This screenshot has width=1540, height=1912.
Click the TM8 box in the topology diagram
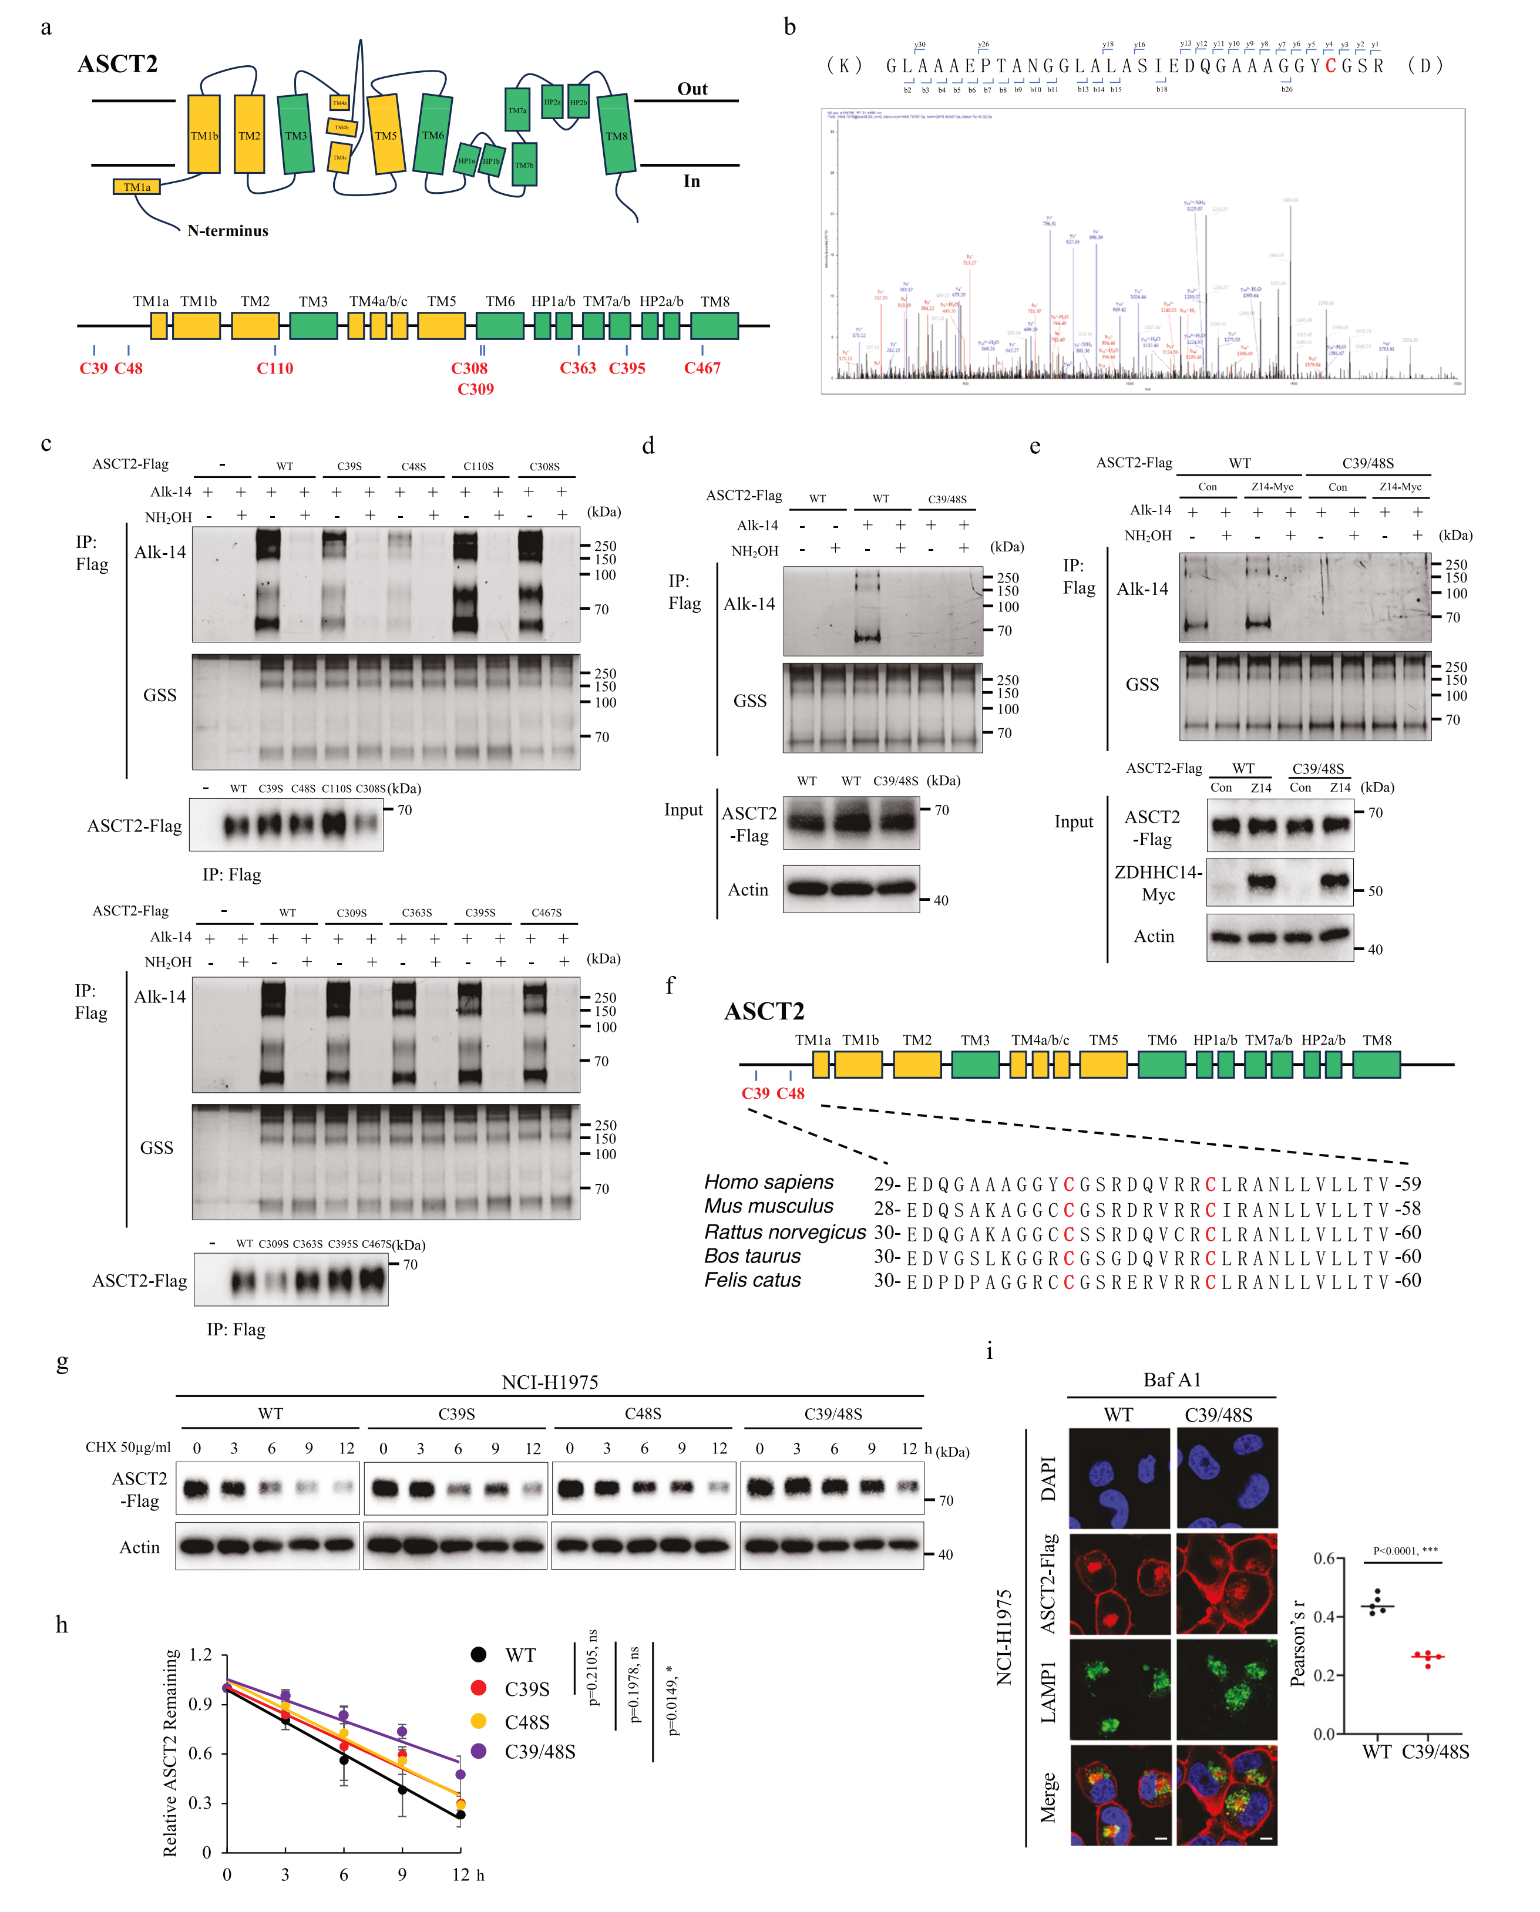[617, 135]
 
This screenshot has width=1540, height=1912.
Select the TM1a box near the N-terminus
[137, 187]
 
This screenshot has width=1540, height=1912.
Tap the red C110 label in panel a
[275, 368]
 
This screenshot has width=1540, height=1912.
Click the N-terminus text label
[228, 231]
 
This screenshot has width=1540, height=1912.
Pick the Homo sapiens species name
[768, 1182]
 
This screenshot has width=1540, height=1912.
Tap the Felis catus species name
[752, 1280]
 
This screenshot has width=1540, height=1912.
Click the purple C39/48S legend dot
[478, 1751]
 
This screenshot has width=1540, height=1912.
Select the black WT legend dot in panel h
[478, 1654]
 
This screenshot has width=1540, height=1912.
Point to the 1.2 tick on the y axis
[200, 1654]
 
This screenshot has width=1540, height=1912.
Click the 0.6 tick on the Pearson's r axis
[1323, 1558]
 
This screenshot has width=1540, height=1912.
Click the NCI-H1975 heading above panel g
[550, 1382]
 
